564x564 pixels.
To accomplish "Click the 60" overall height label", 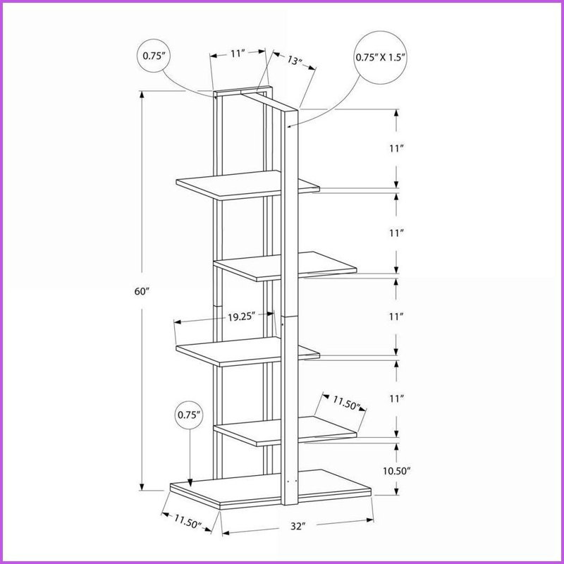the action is point(142,291).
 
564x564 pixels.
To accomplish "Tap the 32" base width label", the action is point(298,526).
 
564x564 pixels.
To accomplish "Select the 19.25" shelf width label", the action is point(241,317).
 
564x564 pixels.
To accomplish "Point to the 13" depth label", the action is point(295,60).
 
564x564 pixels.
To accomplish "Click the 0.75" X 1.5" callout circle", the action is point(381,58).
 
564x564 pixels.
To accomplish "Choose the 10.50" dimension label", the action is point(396,471).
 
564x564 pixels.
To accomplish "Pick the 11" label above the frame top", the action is point(238,54).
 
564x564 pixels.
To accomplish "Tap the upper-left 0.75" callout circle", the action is point(154,56).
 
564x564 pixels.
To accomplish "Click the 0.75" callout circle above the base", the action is point(189,415).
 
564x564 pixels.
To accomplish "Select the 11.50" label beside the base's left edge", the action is point(188,522).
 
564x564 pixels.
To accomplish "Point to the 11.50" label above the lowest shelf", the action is point(346,403).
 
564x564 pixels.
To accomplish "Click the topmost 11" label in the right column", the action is point(396,148).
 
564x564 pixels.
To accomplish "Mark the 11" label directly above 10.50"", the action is point(396,398).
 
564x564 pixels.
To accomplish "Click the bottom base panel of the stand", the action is point(270,489).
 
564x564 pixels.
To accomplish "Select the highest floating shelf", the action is point(247,185).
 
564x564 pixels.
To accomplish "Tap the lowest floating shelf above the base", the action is point(285,431).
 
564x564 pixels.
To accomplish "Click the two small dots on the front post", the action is point(292,481).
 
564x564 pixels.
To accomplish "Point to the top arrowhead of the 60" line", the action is point(142,94).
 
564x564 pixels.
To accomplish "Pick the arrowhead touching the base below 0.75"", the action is point(190,483).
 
